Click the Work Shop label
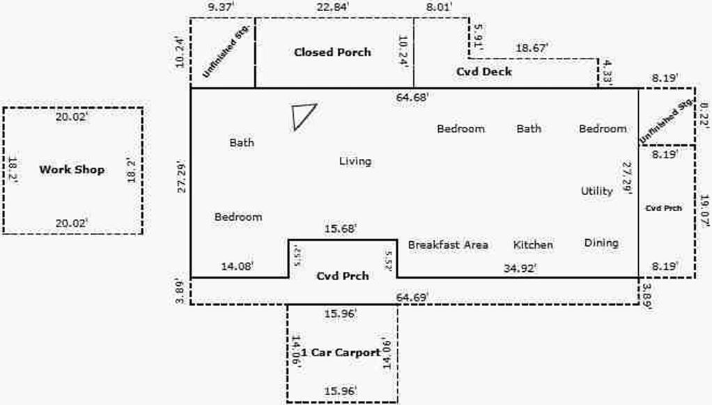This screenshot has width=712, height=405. click(x=72, y=169)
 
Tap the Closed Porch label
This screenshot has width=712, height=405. click(x=332, y=52)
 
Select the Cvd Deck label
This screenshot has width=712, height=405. click(x=483, y=72)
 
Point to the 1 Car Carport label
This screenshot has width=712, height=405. click(x=335, y=353)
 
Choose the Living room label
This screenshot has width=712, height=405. click(x=355, y=162)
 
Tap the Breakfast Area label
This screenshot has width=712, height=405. click(x=447, y=245)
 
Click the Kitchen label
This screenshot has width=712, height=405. click(x=533, y=245)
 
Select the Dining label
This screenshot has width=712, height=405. click(x=601, y=243)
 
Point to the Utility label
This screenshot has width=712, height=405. click(x=596, y=191)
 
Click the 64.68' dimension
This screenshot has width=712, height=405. click(x=413, y=97)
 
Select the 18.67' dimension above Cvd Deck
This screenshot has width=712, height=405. click(x=531, y=48)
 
